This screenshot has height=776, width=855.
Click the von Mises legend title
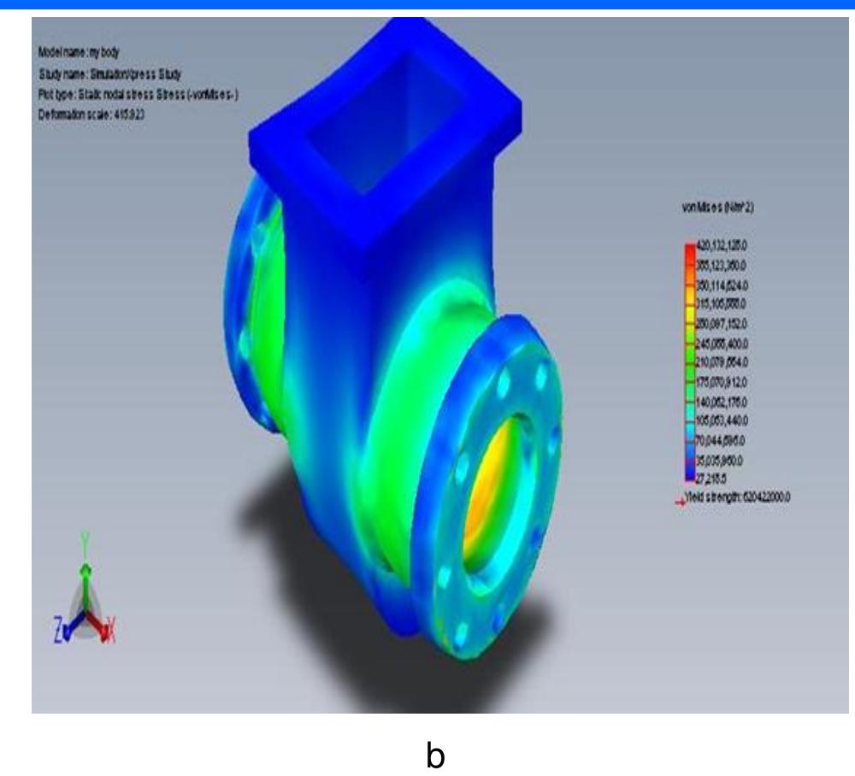point(715,206)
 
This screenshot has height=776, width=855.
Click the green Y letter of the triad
point(83,540)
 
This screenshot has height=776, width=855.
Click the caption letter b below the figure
point(435,755)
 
